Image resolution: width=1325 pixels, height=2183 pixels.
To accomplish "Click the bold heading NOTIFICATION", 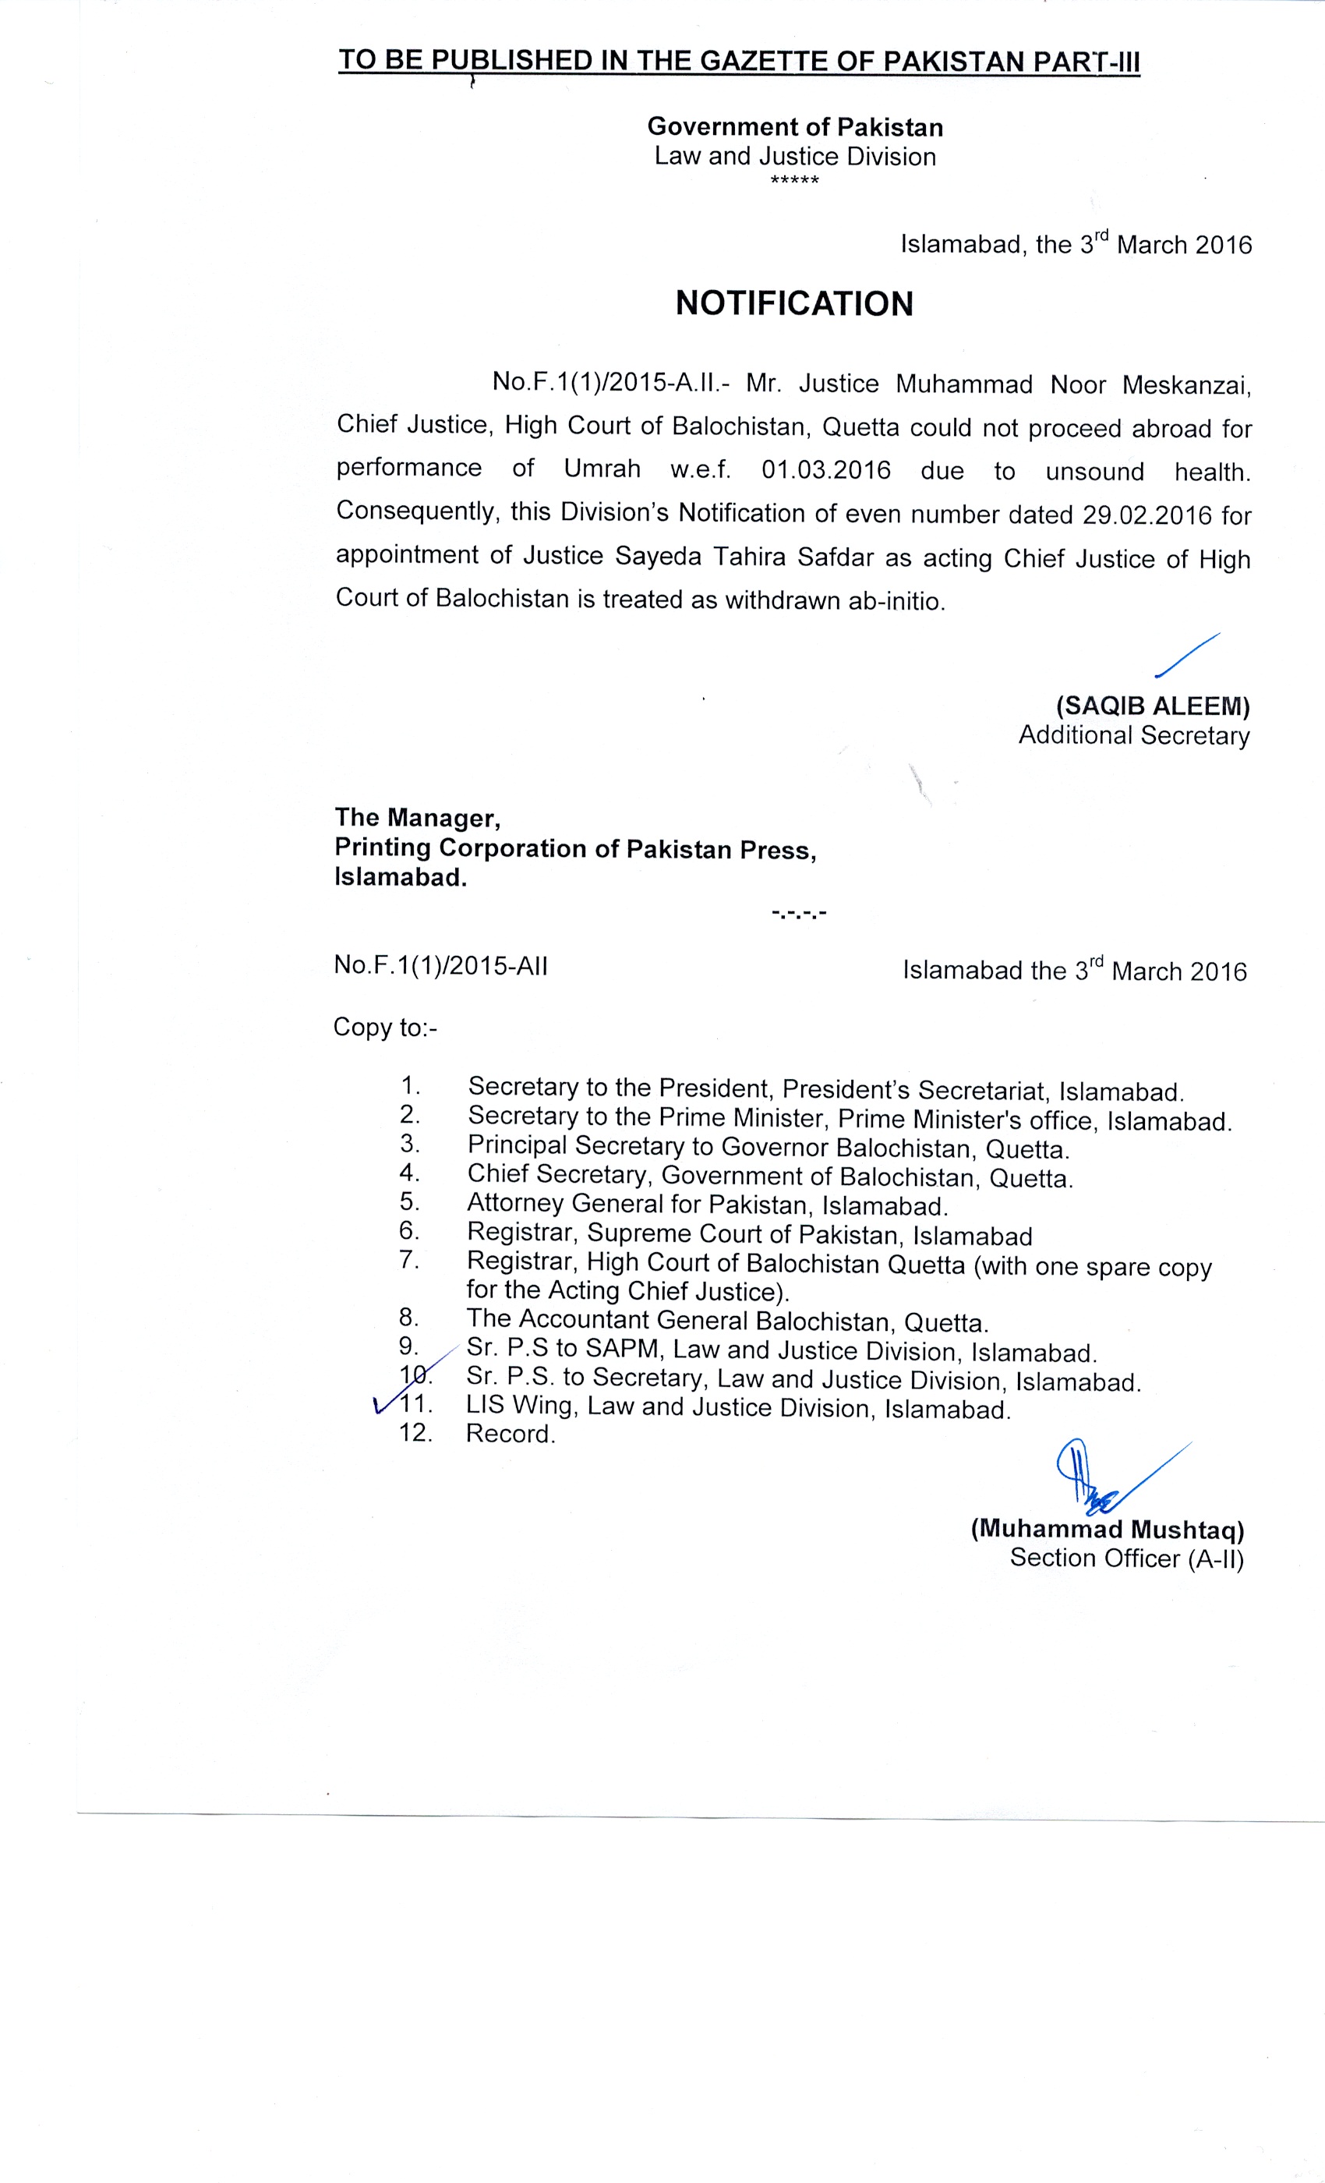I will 793,304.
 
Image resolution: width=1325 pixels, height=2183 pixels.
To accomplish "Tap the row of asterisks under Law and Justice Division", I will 794,182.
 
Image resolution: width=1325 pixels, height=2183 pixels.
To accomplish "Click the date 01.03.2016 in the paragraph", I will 825,470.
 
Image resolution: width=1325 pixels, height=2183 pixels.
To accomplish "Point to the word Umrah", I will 602,469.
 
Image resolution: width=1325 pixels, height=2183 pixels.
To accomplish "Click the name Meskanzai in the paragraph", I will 1187,385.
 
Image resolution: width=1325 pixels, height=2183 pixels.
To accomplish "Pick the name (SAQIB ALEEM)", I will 1152,706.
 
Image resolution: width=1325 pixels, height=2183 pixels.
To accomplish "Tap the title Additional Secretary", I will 1134,735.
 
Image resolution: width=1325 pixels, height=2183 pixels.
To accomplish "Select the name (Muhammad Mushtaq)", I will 1107,1529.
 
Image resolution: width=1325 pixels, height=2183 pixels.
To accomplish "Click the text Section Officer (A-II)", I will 1126,1559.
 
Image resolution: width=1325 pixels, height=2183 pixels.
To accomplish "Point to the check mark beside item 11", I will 383,1405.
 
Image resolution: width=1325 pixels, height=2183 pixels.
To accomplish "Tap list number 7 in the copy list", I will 408,1260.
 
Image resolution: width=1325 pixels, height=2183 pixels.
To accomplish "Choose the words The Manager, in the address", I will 417,817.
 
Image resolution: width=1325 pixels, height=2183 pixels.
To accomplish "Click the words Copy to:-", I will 385,1028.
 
